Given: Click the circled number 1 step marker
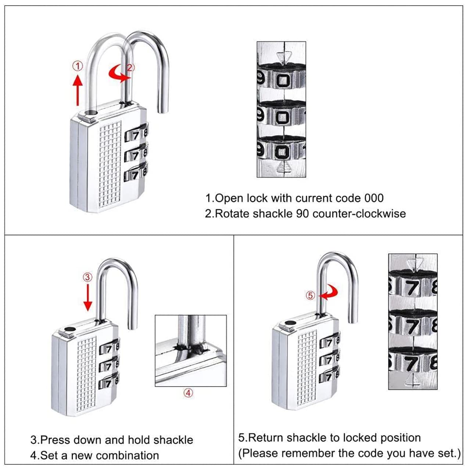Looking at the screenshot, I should point(78,66).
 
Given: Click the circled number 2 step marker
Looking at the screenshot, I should point(130,67).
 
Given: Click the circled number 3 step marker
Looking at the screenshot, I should point(87,277).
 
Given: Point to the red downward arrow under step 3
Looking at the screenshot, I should point(87,298).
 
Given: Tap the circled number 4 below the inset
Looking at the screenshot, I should point(188,393).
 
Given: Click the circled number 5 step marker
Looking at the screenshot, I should point(311,295).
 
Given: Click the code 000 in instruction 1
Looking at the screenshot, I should point(374,198).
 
